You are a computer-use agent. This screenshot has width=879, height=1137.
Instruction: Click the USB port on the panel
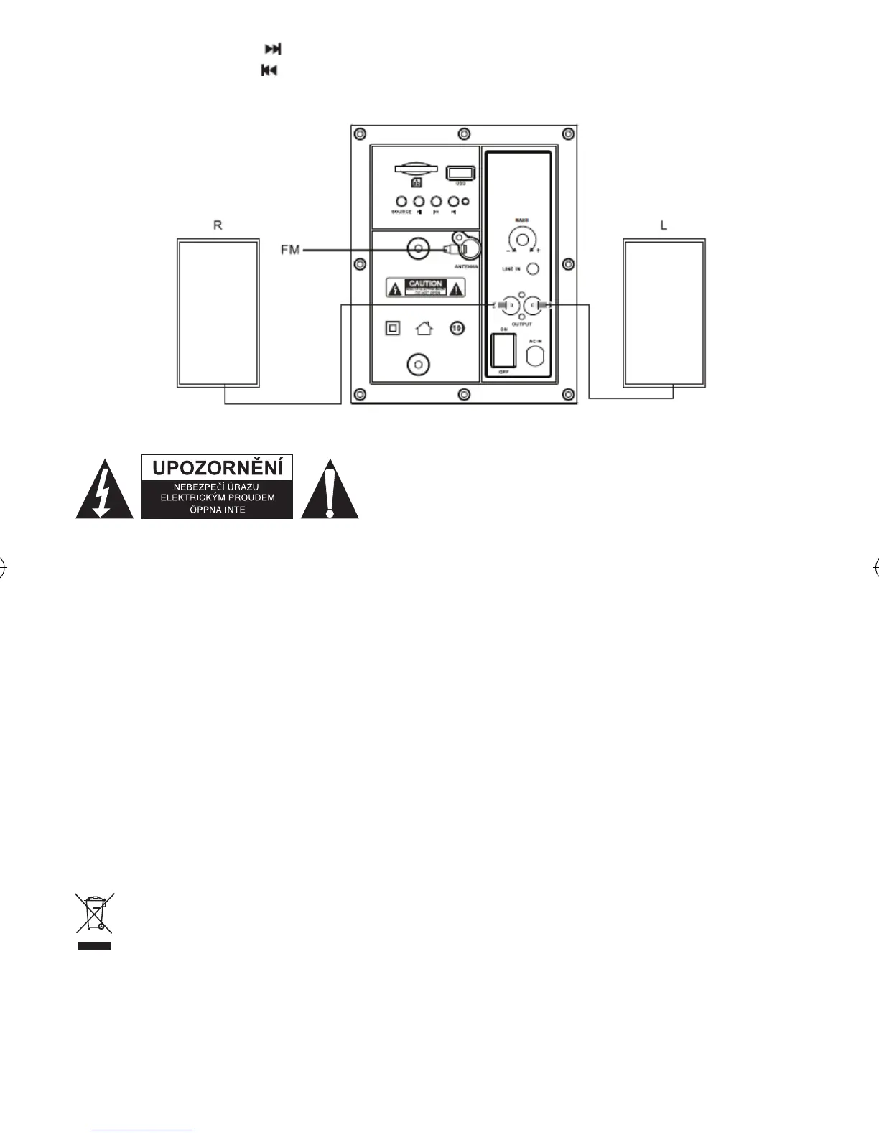(x=456, y=173)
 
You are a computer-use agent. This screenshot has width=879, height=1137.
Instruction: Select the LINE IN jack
(x=533, y=269)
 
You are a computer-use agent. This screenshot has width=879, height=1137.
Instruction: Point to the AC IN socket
(x=536, y=356)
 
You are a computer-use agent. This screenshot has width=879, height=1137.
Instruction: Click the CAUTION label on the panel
(x=426, y=287)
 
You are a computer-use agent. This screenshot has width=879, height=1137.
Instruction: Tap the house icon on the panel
(x=424, y=329)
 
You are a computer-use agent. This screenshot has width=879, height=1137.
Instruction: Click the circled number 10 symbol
(x=457, y=328)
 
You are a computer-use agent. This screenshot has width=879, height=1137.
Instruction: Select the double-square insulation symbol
(x=392, y=328)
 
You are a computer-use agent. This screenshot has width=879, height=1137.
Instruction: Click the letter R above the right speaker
(x=218, y=225)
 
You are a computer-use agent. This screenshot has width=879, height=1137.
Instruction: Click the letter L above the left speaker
(x=664, y=225)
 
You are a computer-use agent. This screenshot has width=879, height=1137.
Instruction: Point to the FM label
(x=290, y=250)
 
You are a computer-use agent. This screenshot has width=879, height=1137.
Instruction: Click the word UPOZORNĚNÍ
(x=218, y=468)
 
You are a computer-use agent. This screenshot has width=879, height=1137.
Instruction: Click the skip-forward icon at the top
(x=273, y=49)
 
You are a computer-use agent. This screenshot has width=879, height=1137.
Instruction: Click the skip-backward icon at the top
(x=269, y=70)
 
